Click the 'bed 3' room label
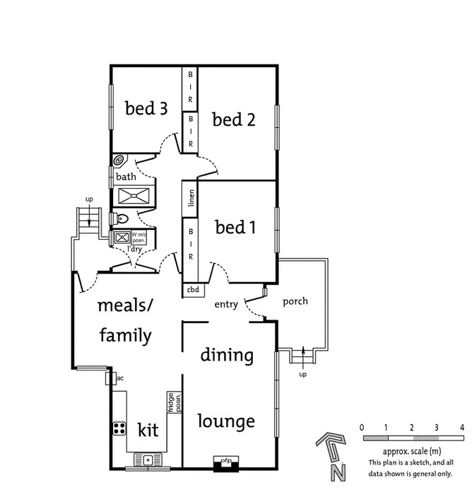(146, 108)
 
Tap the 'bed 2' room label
(234, 119)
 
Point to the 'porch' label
(295, 301)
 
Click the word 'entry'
(226, 304)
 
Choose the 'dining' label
(226, 354)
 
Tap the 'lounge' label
(226, 421)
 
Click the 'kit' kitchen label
(148, 430)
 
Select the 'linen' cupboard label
(191, 198)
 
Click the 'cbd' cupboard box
(192, 289)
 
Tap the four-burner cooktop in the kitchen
(119, 428)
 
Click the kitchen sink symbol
(148, 460)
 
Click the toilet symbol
(119, 218)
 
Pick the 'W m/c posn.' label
(138, 238)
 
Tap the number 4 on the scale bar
(461, 428)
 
